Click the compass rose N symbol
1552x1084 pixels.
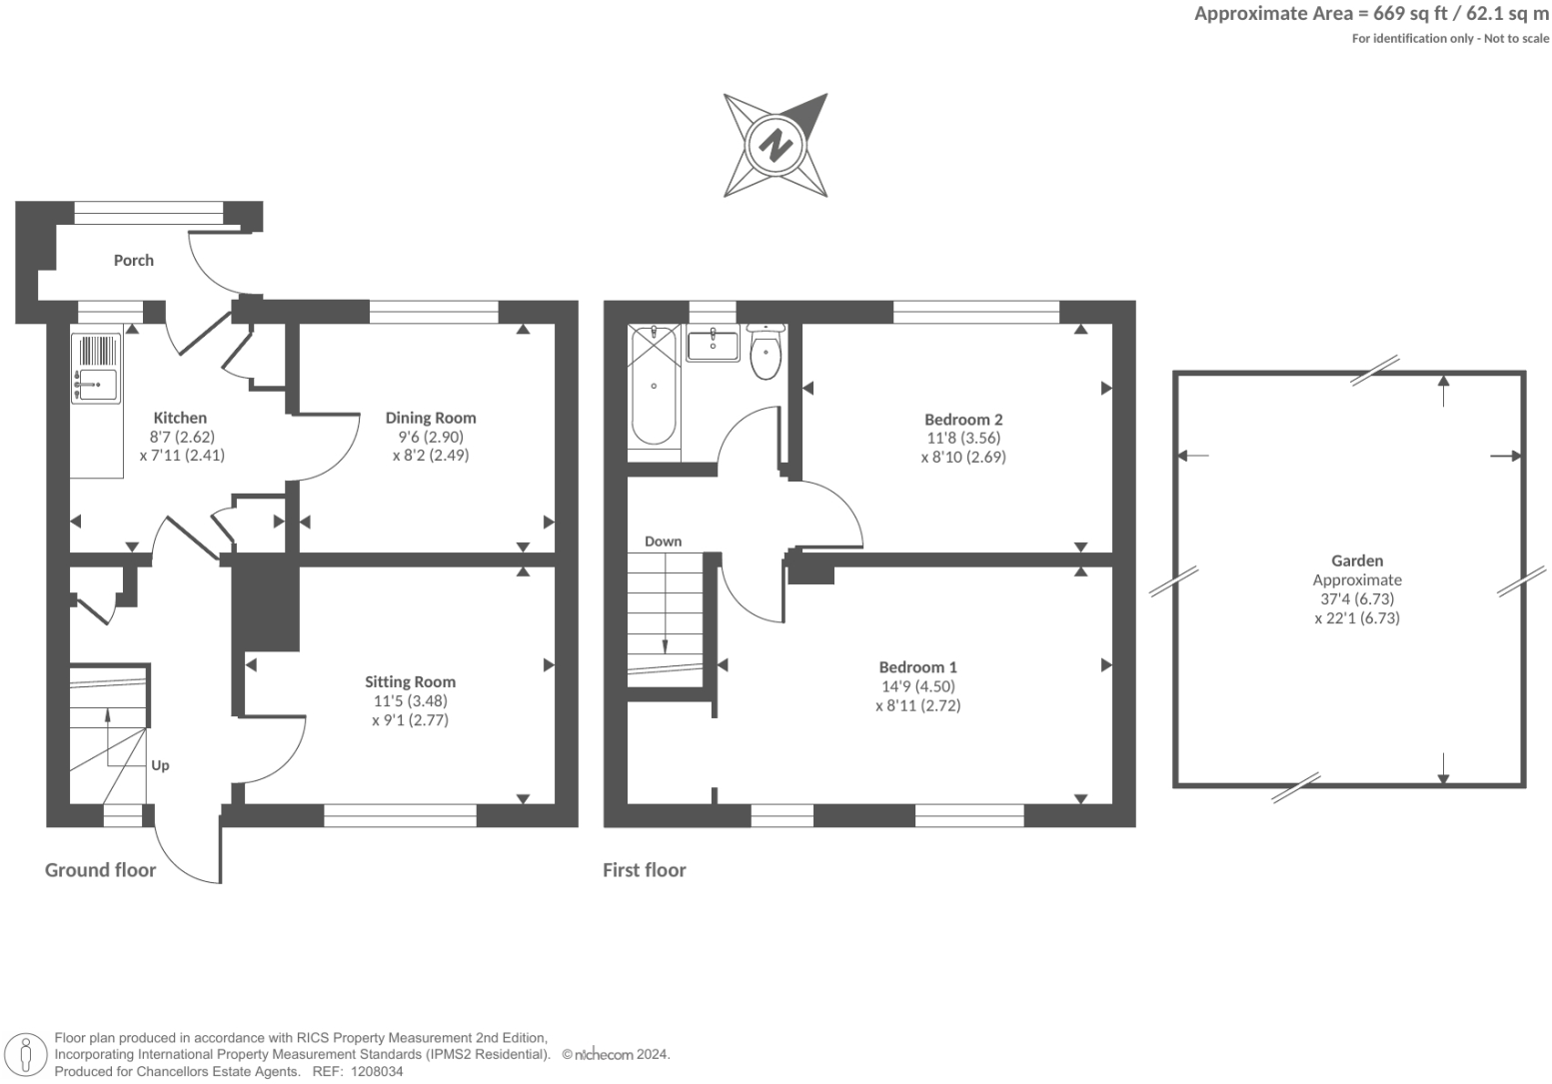coord(776,146)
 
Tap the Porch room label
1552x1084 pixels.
coord(133,260)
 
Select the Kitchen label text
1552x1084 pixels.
coord(180,418)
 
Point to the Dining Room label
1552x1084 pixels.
coord(431,418)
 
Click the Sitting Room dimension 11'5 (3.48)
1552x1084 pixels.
coord(410,701)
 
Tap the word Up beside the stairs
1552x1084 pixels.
coord(160,765)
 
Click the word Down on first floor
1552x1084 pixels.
coord(663,542)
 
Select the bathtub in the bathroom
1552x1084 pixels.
coord(654,386)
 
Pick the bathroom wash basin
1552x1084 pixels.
coord(713,345)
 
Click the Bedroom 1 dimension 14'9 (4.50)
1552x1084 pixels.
coord(917,686)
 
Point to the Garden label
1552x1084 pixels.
coord(1357,561)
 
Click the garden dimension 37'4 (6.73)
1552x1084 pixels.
coord(1357,599)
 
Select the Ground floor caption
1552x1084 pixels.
coord(100,870)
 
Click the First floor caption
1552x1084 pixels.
coord(645,870)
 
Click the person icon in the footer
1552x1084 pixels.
coord(27,1054)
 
